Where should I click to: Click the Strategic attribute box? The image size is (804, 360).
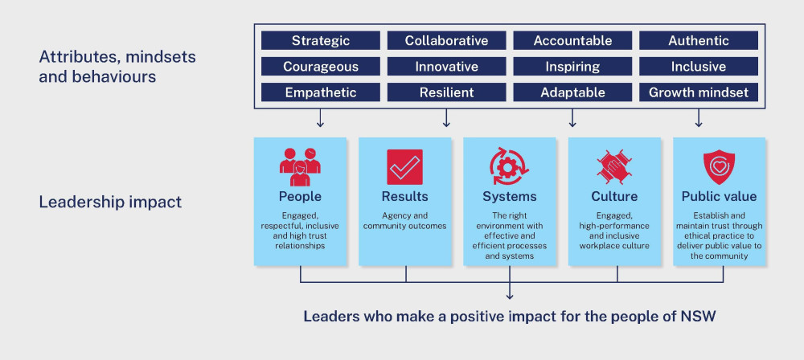(x=321, y=40)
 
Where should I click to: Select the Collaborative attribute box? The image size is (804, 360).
(x=446, y=40)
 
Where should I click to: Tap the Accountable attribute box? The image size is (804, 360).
(x=572, y=40)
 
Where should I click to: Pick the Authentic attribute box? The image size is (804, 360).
(x=699, y=40)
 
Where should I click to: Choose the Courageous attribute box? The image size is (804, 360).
(x=321, y=67)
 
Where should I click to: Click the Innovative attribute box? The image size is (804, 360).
(x=446, y=67)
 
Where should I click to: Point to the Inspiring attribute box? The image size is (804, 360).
(x=572, y=67)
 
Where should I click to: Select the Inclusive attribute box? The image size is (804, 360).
(x=699, y=67)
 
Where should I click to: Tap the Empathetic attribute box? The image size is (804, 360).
(x=321, y=92)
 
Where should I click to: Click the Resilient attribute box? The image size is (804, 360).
(x=446, y=92)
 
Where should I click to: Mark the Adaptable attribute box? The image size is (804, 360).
(x=572, y=92)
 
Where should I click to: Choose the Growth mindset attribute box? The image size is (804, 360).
(x=699, y=92)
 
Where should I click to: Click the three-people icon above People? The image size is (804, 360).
(x=300, y=167)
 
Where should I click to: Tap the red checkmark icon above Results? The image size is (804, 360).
(x=404, y=167)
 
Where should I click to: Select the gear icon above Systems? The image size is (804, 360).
(x=509, y=166)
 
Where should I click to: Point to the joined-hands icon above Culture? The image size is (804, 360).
(x=614, y=167)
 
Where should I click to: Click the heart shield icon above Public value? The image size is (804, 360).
(x=719, y=167)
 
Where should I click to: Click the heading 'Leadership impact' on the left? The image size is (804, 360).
(x=110, y=202)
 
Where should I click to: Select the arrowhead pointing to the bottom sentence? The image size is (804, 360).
(x=509, y=296)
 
